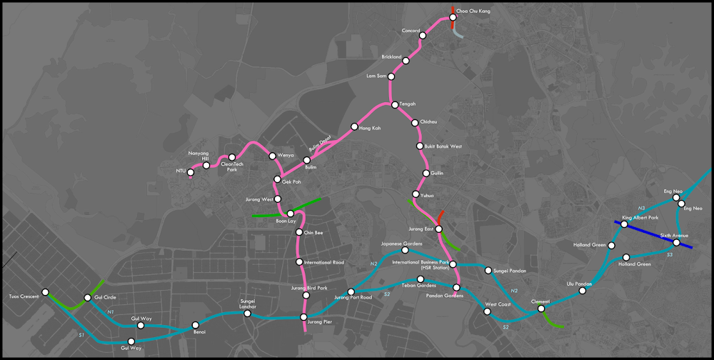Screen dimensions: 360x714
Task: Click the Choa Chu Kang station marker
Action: click(452, 12)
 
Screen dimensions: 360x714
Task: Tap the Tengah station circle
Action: click(394, 104)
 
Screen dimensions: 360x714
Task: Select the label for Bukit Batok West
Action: click(443, 146)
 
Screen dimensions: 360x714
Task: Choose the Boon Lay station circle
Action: click(291, 214)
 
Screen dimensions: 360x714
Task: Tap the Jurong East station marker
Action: click(439, 229)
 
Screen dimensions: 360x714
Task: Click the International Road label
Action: click(324, 263)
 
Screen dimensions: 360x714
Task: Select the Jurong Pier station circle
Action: click(303, 316)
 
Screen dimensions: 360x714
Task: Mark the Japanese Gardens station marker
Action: click(405, 251)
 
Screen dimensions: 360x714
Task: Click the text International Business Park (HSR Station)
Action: click(421, 265)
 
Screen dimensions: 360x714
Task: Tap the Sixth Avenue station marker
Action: click(676, 243)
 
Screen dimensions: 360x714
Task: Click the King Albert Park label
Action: click(640, 217)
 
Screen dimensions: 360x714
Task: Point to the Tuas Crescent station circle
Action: click(46, 292)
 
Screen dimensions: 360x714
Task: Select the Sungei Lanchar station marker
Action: click(248, 314)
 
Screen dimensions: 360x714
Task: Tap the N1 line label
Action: click(111, 312)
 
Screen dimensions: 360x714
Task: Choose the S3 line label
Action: click(669, 254)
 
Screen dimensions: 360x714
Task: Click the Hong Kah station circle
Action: click(353, 128)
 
